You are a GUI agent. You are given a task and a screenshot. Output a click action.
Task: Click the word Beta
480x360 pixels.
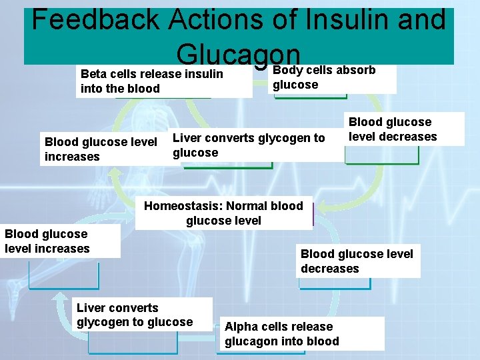pos(93,74)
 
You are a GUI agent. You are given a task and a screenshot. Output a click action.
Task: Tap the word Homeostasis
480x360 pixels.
pos(183,206)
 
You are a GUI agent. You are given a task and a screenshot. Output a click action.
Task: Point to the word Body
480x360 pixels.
pos(287,70)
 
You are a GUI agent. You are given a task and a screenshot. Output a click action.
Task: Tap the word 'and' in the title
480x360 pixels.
pos(421,20)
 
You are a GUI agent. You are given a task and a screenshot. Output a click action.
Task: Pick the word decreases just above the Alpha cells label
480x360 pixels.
pos(329,269)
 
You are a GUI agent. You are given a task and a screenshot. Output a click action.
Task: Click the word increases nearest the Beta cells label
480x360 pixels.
pos(71,157)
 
